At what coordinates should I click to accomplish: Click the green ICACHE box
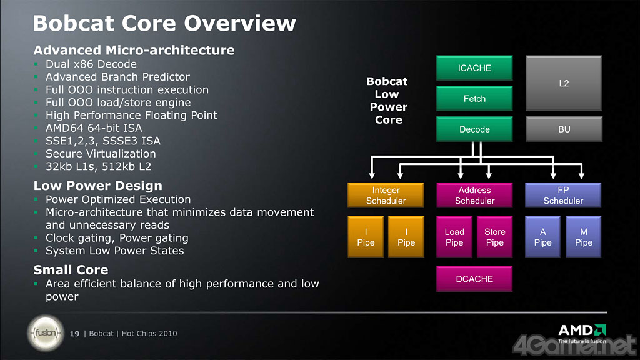point(474,67)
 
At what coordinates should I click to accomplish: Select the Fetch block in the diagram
point(474,98)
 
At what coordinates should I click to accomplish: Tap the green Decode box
point(474,129)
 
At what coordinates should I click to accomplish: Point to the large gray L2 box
point(564,83)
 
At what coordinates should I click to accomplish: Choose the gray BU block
point(564,129)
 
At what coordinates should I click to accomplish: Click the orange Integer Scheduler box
point(386,195)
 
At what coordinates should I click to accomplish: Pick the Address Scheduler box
point(474,195)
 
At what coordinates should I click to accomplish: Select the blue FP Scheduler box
point(563,195)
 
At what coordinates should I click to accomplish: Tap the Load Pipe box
point(454,237)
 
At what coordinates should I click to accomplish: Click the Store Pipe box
point(495,237)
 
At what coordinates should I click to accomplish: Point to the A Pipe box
point(543,237)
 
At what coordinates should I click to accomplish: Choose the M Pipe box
point(584,237)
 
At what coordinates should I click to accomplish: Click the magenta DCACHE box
point(474,279)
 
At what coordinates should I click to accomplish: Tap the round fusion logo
point(45,333)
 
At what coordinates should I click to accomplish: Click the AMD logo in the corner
point(582,333)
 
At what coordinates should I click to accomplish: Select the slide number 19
point(74,334)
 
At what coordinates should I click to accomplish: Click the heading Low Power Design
point(98,186)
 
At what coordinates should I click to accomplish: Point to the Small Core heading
point(71,270)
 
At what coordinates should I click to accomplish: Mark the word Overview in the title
point(240,23)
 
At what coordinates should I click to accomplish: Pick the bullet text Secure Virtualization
point(101,154)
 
